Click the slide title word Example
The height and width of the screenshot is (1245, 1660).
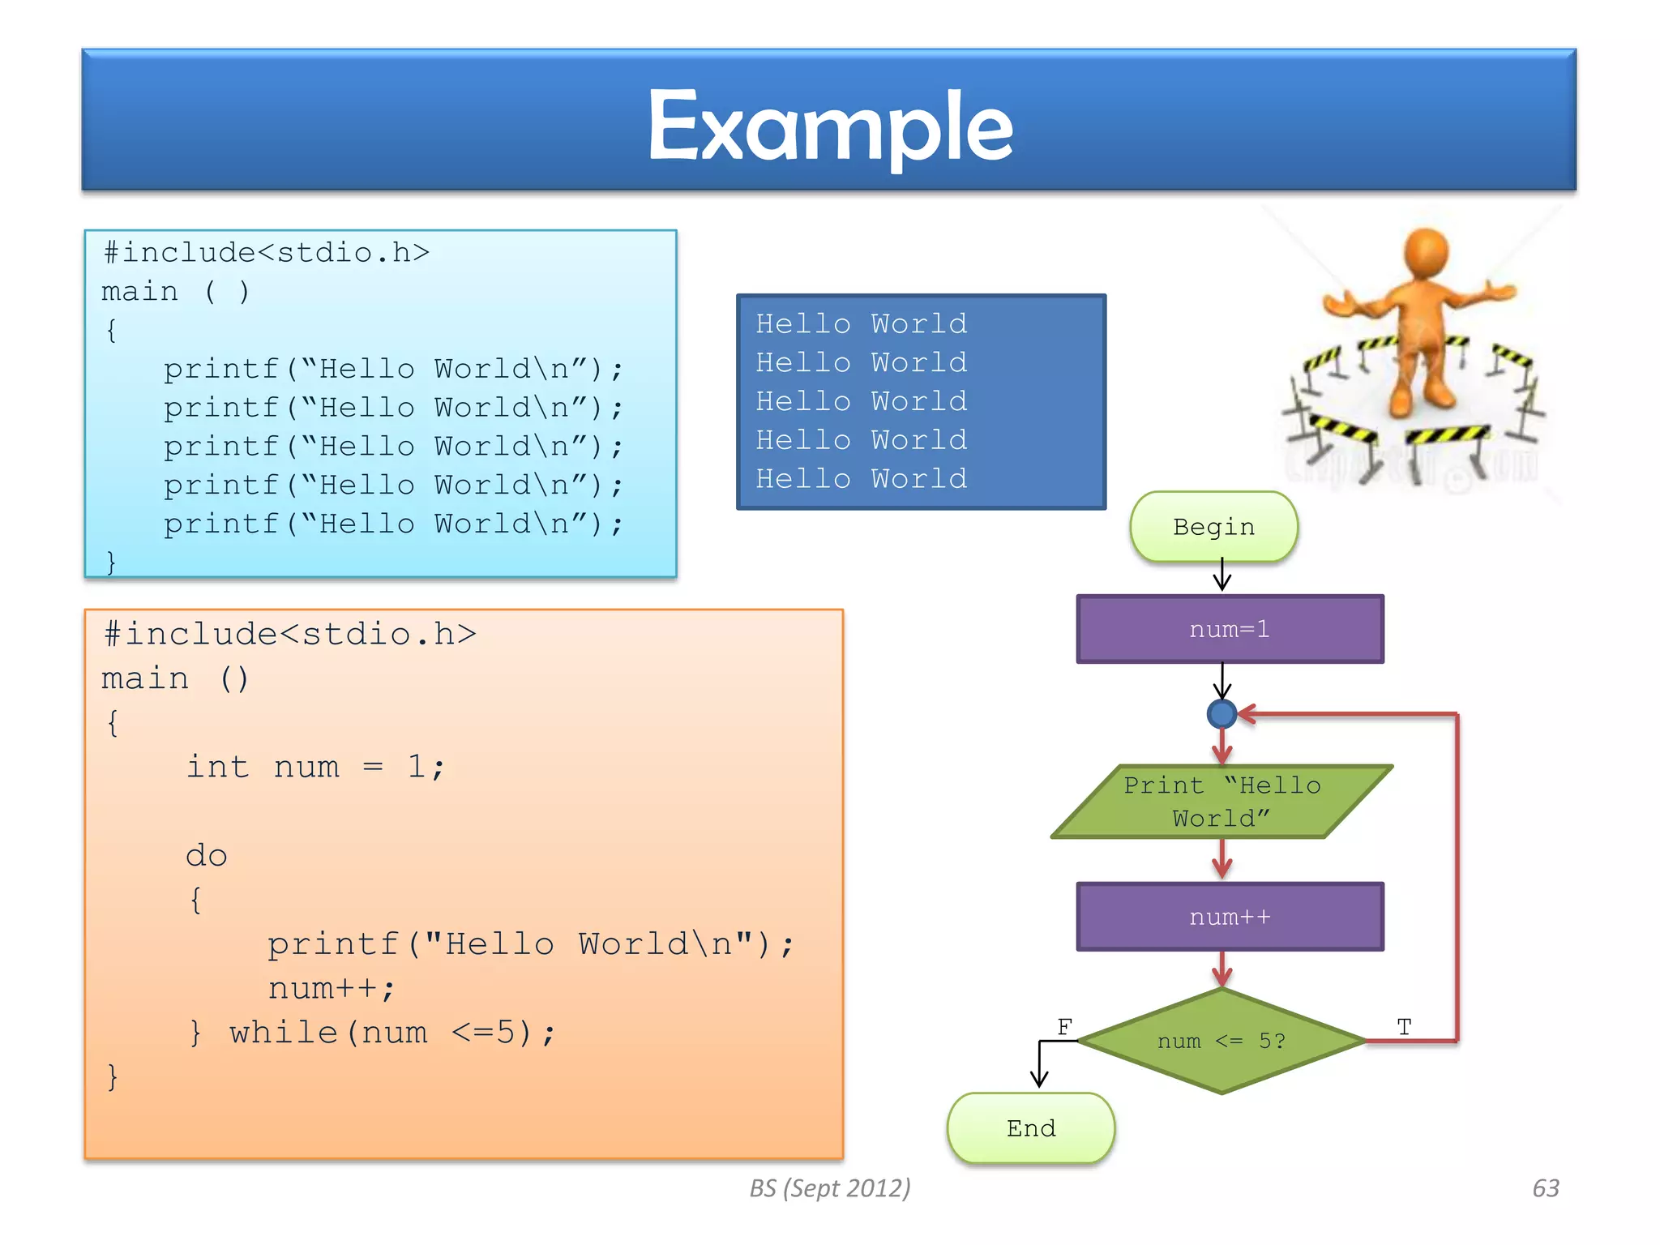click(830, 126)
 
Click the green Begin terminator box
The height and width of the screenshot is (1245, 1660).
click(1213, 527)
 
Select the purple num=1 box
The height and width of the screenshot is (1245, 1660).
click(1229, 629)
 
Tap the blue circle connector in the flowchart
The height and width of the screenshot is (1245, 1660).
click(1221, 714)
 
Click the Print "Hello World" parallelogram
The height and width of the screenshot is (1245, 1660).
click(1221, 802)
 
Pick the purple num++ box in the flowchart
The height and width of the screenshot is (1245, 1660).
click(1229, 917)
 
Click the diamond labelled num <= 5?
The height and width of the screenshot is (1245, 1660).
click(1221, 1041)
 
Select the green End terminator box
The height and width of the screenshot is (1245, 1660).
click(1031, 1128)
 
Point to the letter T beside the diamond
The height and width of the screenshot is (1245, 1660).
click(1405, 1027)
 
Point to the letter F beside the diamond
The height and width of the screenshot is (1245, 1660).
click(1064, 1027)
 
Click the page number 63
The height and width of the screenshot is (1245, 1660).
click(1545, 1188)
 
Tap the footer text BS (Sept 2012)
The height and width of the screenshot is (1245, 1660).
click(829, 1188)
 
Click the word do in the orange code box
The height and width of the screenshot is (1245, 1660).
click(206, 856)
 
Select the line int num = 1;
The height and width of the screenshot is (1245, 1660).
click(315, 767)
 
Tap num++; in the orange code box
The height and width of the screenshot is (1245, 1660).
click(331, 989)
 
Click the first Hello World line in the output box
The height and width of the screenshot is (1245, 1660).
click(861, 324)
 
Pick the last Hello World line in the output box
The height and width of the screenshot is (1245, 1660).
click(861, 479)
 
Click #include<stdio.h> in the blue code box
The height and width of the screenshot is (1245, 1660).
click(266, 253)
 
